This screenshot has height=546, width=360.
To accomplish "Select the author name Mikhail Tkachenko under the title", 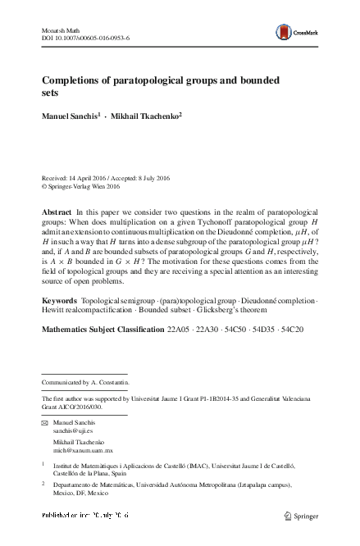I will pyautogui.click(x=145, y=117).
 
